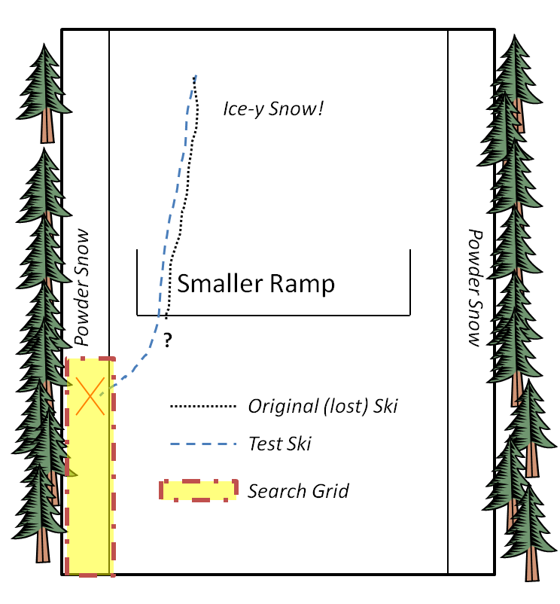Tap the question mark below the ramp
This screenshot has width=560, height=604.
[x=167, y=340]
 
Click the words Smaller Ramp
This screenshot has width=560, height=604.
[x=255, y=284]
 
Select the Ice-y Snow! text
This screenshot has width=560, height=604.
[x=273, y=108]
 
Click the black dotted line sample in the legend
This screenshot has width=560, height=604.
[x=203, y=407]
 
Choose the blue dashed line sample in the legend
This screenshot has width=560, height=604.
[x=203, y=444]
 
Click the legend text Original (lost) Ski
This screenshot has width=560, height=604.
[x=323, y=407]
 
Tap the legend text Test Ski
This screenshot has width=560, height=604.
[x=279, y=444]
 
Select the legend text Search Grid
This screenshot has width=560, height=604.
[x=299, y=492]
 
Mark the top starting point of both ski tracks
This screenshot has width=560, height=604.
[x=196, y=75]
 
